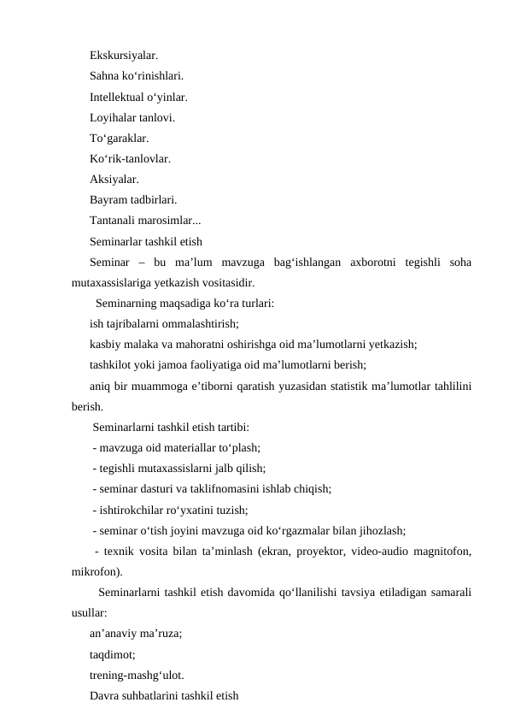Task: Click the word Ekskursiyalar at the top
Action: pyautogui.click(x=123, y=56)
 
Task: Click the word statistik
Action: pyautogui.click(x=337, y=386)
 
